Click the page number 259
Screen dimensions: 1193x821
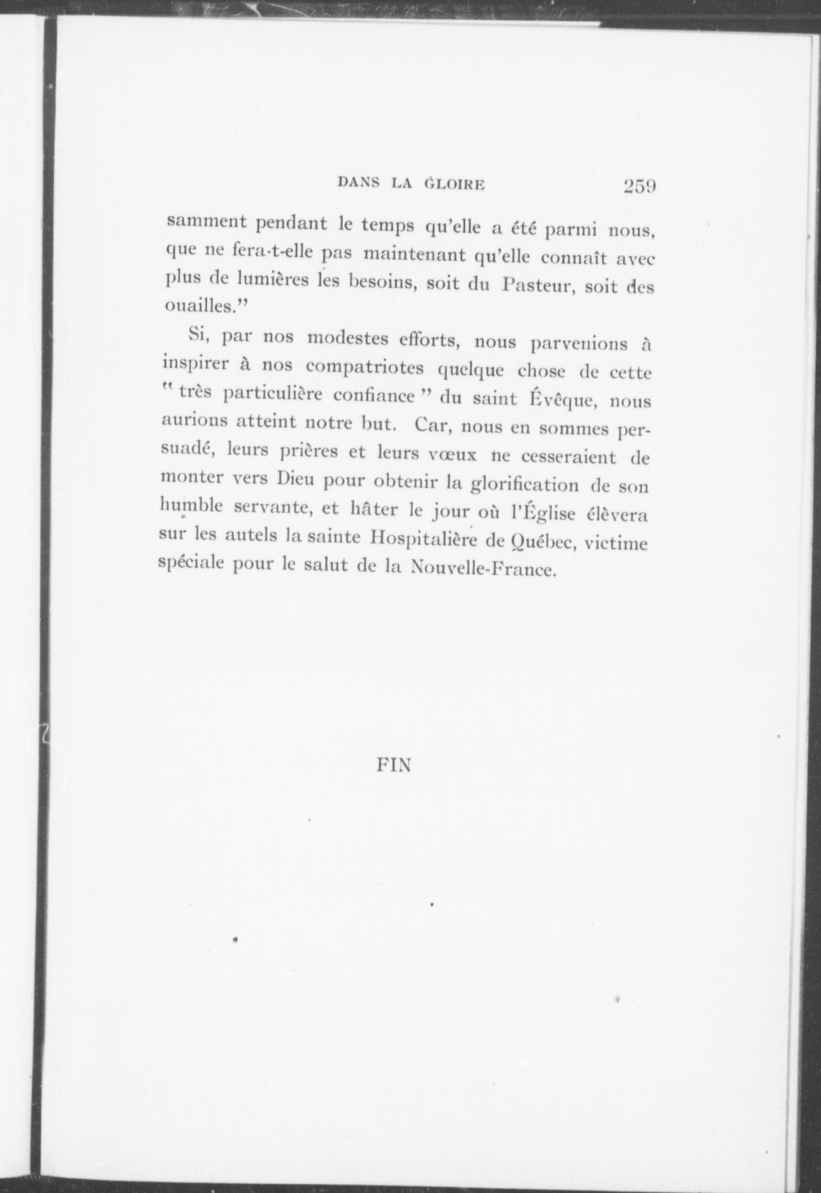click(x=639, y=186)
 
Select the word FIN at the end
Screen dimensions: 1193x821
click(x=394, y=765)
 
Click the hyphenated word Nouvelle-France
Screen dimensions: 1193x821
click(x=483, y=569)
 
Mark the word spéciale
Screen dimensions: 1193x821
click(x=192, y=564)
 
